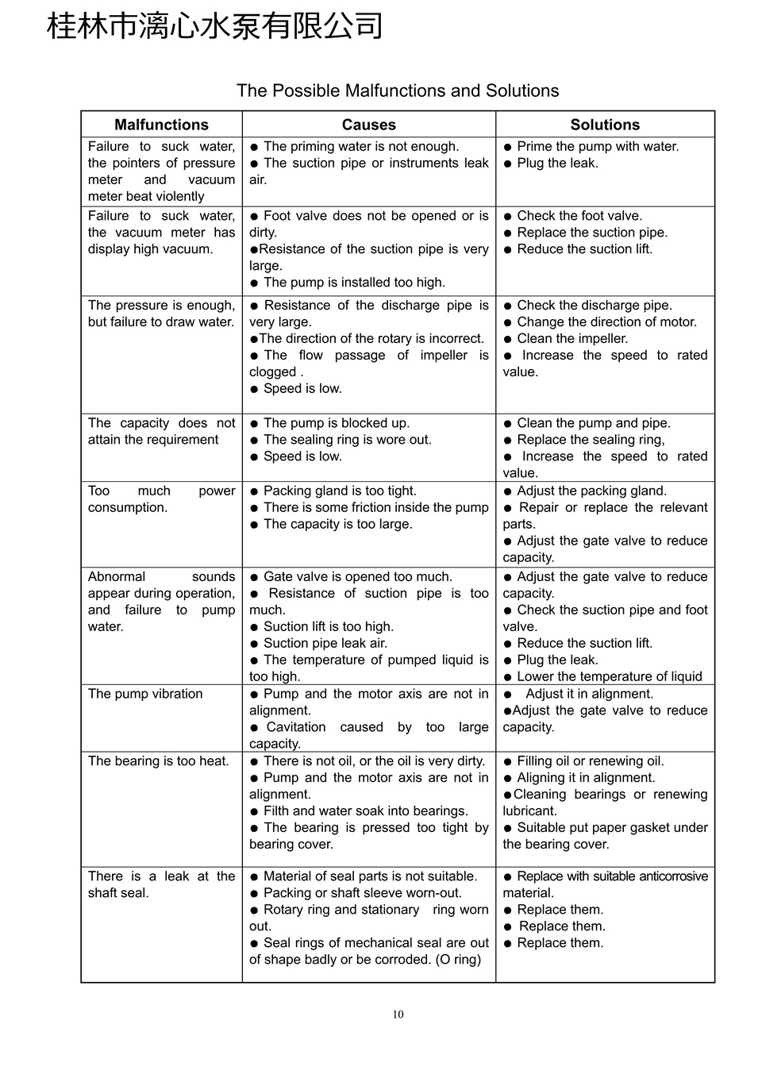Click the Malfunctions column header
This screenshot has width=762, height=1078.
click(x=161, y=125)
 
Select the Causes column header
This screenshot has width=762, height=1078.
click(x=368, y=125)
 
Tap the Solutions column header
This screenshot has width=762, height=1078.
click(x=605, y=125)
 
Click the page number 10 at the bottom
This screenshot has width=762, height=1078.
click(x=398, y=1014)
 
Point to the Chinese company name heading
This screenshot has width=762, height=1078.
click(x=215, y=26)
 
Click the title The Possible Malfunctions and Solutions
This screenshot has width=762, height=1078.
click(x=398, y=90)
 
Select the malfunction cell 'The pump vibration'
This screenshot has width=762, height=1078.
click(x=145, y=694)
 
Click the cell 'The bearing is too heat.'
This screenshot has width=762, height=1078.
click(x=158, y=761)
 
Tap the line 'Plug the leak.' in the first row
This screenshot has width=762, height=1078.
click(x=557, y=164)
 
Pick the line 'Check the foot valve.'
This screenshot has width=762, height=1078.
click(x=579, y=216)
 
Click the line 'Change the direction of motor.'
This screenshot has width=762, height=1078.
click(x=606, y=322)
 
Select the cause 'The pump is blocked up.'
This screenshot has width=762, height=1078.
click(x=337, y=423)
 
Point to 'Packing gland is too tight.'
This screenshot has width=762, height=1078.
click(x=340, y=491)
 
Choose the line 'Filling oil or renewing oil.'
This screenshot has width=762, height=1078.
click(x=590, y=761)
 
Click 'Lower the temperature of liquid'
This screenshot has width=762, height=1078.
click(x=609, y=677)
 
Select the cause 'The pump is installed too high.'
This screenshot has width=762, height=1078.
click(x=354, y=283)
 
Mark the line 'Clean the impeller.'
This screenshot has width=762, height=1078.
click(x=571, y=339)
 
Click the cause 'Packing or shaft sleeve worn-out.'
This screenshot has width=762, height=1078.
click(x=362, y=893)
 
